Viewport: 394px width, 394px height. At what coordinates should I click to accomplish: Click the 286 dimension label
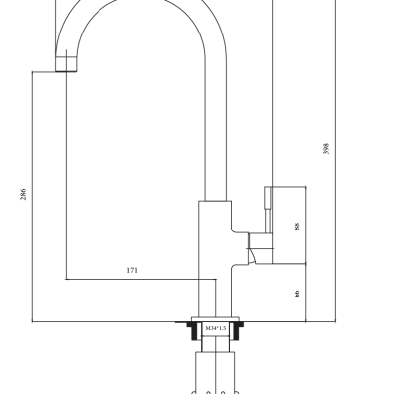23,194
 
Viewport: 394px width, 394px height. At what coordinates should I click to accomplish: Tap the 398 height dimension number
326,149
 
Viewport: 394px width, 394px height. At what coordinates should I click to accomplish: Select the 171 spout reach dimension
132,270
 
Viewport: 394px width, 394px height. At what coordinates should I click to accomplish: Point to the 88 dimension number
297,227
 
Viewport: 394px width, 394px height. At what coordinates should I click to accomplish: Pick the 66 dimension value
297,294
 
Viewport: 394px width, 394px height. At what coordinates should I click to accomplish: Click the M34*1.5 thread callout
216,328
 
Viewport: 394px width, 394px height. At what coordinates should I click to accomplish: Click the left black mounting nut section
193,330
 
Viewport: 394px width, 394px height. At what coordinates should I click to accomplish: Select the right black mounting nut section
237,330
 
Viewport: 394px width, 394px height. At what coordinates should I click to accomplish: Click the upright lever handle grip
268,210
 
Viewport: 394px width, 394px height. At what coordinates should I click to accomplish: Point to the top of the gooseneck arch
141,3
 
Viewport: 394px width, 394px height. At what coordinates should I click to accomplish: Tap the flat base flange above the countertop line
216,319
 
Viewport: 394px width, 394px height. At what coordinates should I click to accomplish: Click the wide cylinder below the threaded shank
215,372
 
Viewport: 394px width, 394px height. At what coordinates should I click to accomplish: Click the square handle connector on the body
261,240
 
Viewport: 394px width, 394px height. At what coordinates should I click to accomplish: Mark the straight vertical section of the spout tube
216,130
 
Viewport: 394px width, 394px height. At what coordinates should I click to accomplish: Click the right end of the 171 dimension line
216,280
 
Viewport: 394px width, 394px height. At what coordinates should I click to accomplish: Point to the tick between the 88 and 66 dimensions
305,263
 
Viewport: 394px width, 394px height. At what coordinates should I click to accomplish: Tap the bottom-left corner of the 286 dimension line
32,322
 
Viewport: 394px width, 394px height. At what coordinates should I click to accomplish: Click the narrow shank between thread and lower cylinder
215,344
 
